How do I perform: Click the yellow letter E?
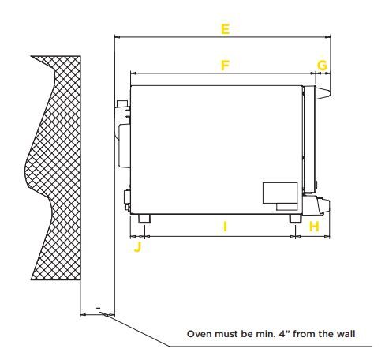pos(225,29)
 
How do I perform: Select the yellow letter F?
pos(225,66)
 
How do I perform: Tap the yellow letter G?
pos(322,66)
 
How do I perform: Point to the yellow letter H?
pos(314,227)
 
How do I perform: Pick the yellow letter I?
pos(225,227)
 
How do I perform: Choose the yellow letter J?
pos(138,247)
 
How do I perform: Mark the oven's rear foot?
pos(144,219)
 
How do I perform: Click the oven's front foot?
pos(295,219)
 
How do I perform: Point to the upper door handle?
pos(323,92)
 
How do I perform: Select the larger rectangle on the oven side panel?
pos(280,193)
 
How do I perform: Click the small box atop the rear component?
pos(122,103)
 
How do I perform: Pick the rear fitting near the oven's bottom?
pos(127,200)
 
